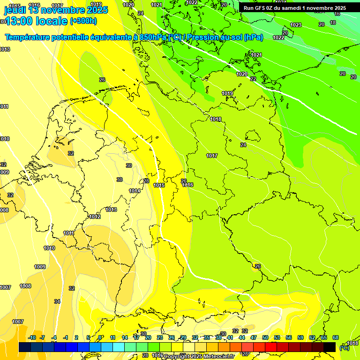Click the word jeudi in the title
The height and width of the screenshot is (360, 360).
pyautogui.click(x=15, y=10)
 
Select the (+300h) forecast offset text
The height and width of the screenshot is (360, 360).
pyautogui.click(x=83, y=21)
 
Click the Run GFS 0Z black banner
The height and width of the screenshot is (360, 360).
pyautogui.click(x=294, y=8)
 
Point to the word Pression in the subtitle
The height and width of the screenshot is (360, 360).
pyautogui.click(x=204, y=37)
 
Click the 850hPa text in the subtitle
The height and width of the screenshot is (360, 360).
pyautogui.click(x=153, y=37)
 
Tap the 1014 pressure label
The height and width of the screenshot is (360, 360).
pyautogui.click(x=135, y=191)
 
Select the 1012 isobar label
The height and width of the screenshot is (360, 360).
pyautogui.click(x=95, y=217)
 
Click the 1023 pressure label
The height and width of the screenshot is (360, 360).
pyautogui.click(x=296, y=25)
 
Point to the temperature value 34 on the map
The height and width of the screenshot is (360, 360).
pyautogui.click(x=57, y=301)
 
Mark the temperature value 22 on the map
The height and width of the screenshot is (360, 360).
pyautogui.click(x=253, y=79)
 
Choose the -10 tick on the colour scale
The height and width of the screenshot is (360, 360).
pyautogui.click(x=32, y=337)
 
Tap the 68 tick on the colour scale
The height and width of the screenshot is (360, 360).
pyautogui.click(x=336, y=337)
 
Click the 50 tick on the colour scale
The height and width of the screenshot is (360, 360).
pyautogui.click(x=265, y=337)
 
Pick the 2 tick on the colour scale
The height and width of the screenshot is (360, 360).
pyautogui.click(x=76, y=337)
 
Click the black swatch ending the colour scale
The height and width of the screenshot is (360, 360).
pyautogui.click(x=330, y=347)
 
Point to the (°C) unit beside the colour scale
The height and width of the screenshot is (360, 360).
pyautogui.click(x=344, y=348)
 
